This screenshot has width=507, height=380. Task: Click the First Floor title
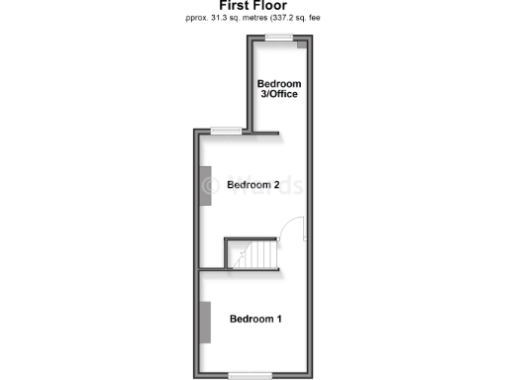tap(253, 5)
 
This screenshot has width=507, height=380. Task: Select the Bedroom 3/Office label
tap(278, 89)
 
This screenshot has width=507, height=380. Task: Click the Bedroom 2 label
tap(252, 185)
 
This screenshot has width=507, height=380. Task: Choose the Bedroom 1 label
tap(255, 319)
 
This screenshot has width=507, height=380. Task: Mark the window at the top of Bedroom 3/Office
tap(278, 38)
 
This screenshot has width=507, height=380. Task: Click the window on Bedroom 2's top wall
tap(226, 131)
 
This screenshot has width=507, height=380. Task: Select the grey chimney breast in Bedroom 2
tap(208, 186)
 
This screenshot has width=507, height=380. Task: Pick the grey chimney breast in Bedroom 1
tap(208, 321)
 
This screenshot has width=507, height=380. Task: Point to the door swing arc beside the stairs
tap(291, 230)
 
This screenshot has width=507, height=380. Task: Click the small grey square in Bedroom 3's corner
tap(303, 45)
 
